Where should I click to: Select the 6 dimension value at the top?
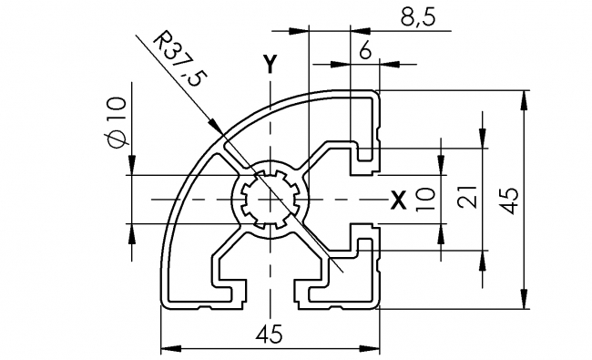point(365,52)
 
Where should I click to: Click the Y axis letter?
point(269,64)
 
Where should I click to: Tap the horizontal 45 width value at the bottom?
point(270,334)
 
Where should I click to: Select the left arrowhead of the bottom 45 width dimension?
point(169,347)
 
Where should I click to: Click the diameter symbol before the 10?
point(114,139)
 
